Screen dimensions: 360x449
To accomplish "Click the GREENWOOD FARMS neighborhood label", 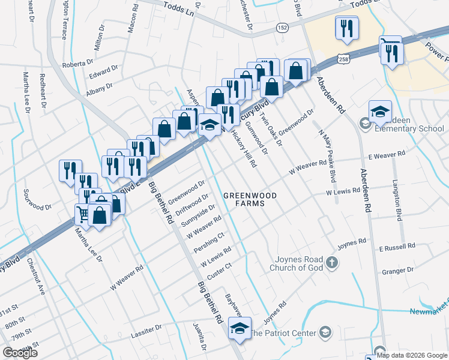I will pos(250,199).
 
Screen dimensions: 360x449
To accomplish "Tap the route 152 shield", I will pos(282,28).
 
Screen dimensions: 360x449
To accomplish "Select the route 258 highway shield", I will pos(343,59).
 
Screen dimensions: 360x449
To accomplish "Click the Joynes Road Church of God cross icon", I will pos(332,262).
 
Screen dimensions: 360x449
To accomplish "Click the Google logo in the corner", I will pos(20,353).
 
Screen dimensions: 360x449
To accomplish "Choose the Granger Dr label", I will pos(398,272).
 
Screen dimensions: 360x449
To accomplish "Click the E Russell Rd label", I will pos(397,247).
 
